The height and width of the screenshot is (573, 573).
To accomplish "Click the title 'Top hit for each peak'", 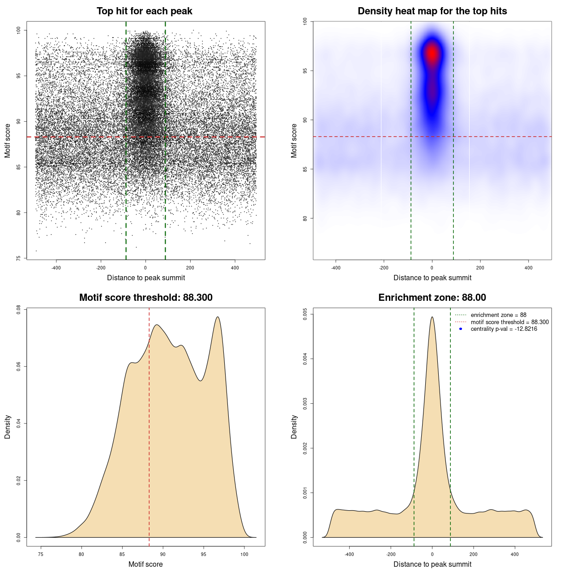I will (x=144, y=11).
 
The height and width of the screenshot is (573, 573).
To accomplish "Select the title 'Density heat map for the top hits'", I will (x=432, y=11).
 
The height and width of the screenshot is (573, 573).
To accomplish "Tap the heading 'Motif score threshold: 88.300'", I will (x=145, y=298).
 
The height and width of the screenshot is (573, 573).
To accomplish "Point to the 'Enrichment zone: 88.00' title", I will (x=432, y=298).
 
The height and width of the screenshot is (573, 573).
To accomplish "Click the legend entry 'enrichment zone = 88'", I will (x=498, y=315).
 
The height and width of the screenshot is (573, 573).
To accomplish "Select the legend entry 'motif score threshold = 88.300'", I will (x=509, y=322).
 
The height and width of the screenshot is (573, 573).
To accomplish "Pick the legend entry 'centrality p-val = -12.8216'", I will (x=504, y=329).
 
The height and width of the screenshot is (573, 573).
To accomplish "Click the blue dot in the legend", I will (x=461, y=329).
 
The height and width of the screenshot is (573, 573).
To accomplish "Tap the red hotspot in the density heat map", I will (x=432, y=53).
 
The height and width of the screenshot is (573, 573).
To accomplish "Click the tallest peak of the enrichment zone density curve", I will (x=432, y=317).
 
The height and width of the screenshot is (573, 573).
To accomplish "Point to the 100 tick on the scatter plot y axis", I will (x=19, y=30).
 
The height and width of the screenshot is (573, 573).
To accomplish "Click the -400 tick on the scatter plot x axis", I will (x=56, y=268).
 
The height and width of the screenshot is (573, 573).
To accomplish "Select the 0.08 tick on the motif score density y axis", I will (x=19, y=309).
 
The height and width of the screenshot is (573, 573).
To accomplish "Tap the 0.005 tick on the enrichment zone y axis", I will (x=305, y=314).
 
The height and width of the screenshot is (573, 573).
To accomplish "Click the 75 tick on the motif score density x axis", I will (x=41, y=554).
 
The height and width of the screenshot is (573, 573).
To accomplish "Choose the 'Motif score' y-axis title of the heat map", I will (x=294, y=141).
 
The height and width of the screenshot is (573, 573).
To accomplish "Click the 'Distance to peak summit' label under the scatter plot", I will (x=146, y=278).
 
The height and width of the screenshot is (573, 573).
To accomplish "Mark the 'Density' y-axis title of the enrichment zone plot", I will (x=294, y=427).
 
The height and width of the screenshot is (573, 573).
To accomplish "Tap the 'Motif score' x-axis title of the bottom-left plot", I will (x=145, y=564).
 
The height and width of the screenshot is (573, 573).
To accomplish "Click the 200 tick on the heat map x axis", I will (x=480, y=268).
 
